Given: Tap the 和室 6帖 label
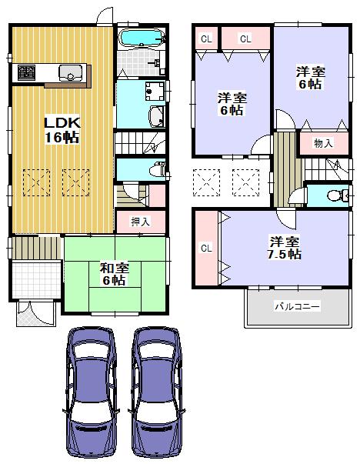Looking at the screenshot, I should (114, 274).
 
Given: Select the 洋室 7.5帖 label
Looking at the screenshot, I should (285, 247).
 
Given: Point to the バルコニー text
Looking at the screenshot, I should (297, 306).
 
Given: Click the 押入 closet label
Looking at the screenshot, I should (140, 222).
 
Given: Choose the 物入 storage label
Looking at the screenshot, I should (323, 143).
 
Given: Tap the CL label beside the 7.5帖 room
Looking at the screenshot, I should (206, 248).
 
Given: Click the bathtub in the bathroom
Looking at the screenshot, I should (139, 38).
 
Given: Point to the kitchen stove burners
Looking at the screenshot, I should (25, 73).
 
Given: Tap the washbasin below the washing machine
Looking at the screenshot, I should (154, 118).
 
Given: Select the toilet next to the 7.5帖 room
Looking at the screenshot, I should (335, 196).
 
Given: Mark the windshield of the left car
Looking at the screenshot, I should (93, 366).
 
